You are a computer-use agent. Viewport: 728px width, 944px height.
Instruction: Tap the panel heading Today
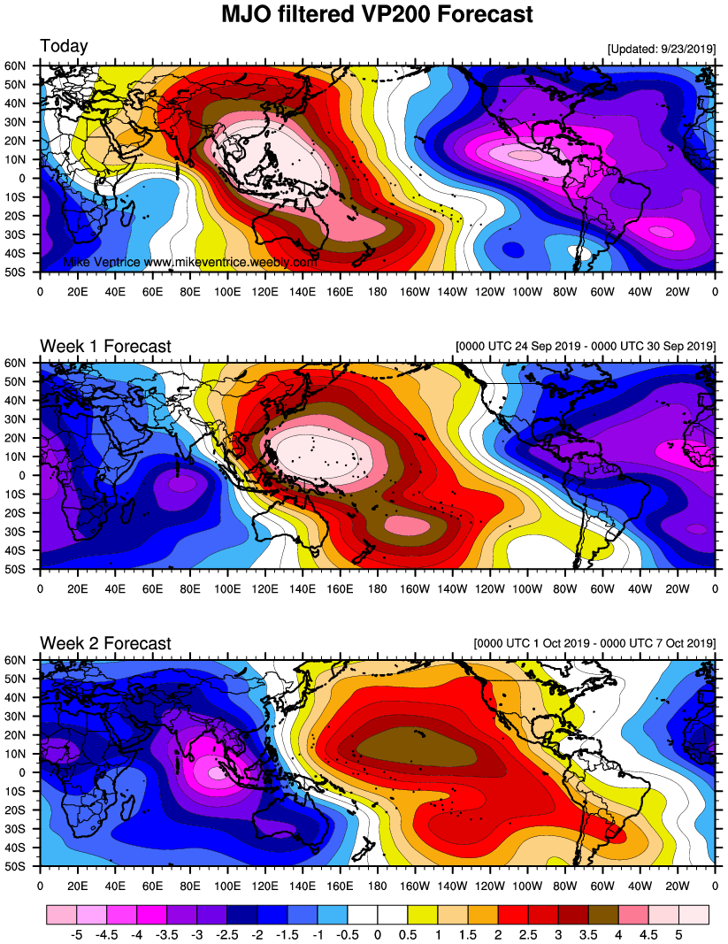click(x=64, y=46)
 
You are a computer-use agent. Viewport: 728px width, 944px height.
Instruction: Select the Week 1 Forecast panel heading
click(x=105, y=346)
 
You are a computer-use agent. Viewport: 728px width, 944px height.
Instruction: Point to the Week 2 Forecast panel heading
click(x=105, y=643)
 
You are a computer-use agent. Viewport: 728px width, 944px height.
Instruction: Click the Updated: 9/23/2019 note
click(x=662, y=49)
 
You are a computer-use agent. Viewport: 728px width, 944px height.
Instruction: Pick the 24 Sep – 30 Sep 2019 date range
click(x=585, y=346)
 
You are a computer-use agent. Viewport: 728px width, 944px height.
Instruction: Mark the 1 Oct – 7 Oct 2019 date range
click(x=594, y=643)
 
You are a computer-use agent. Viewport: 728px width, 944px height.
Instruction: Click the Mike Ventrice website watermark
click(x=190, y=263)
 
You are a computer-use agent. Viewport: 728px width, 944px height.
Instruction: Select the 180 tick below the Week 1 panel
click(x=377, y=587)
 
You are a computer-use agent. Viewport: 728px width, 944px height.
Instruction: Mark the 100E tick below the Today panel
click(x=227, y=289)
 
